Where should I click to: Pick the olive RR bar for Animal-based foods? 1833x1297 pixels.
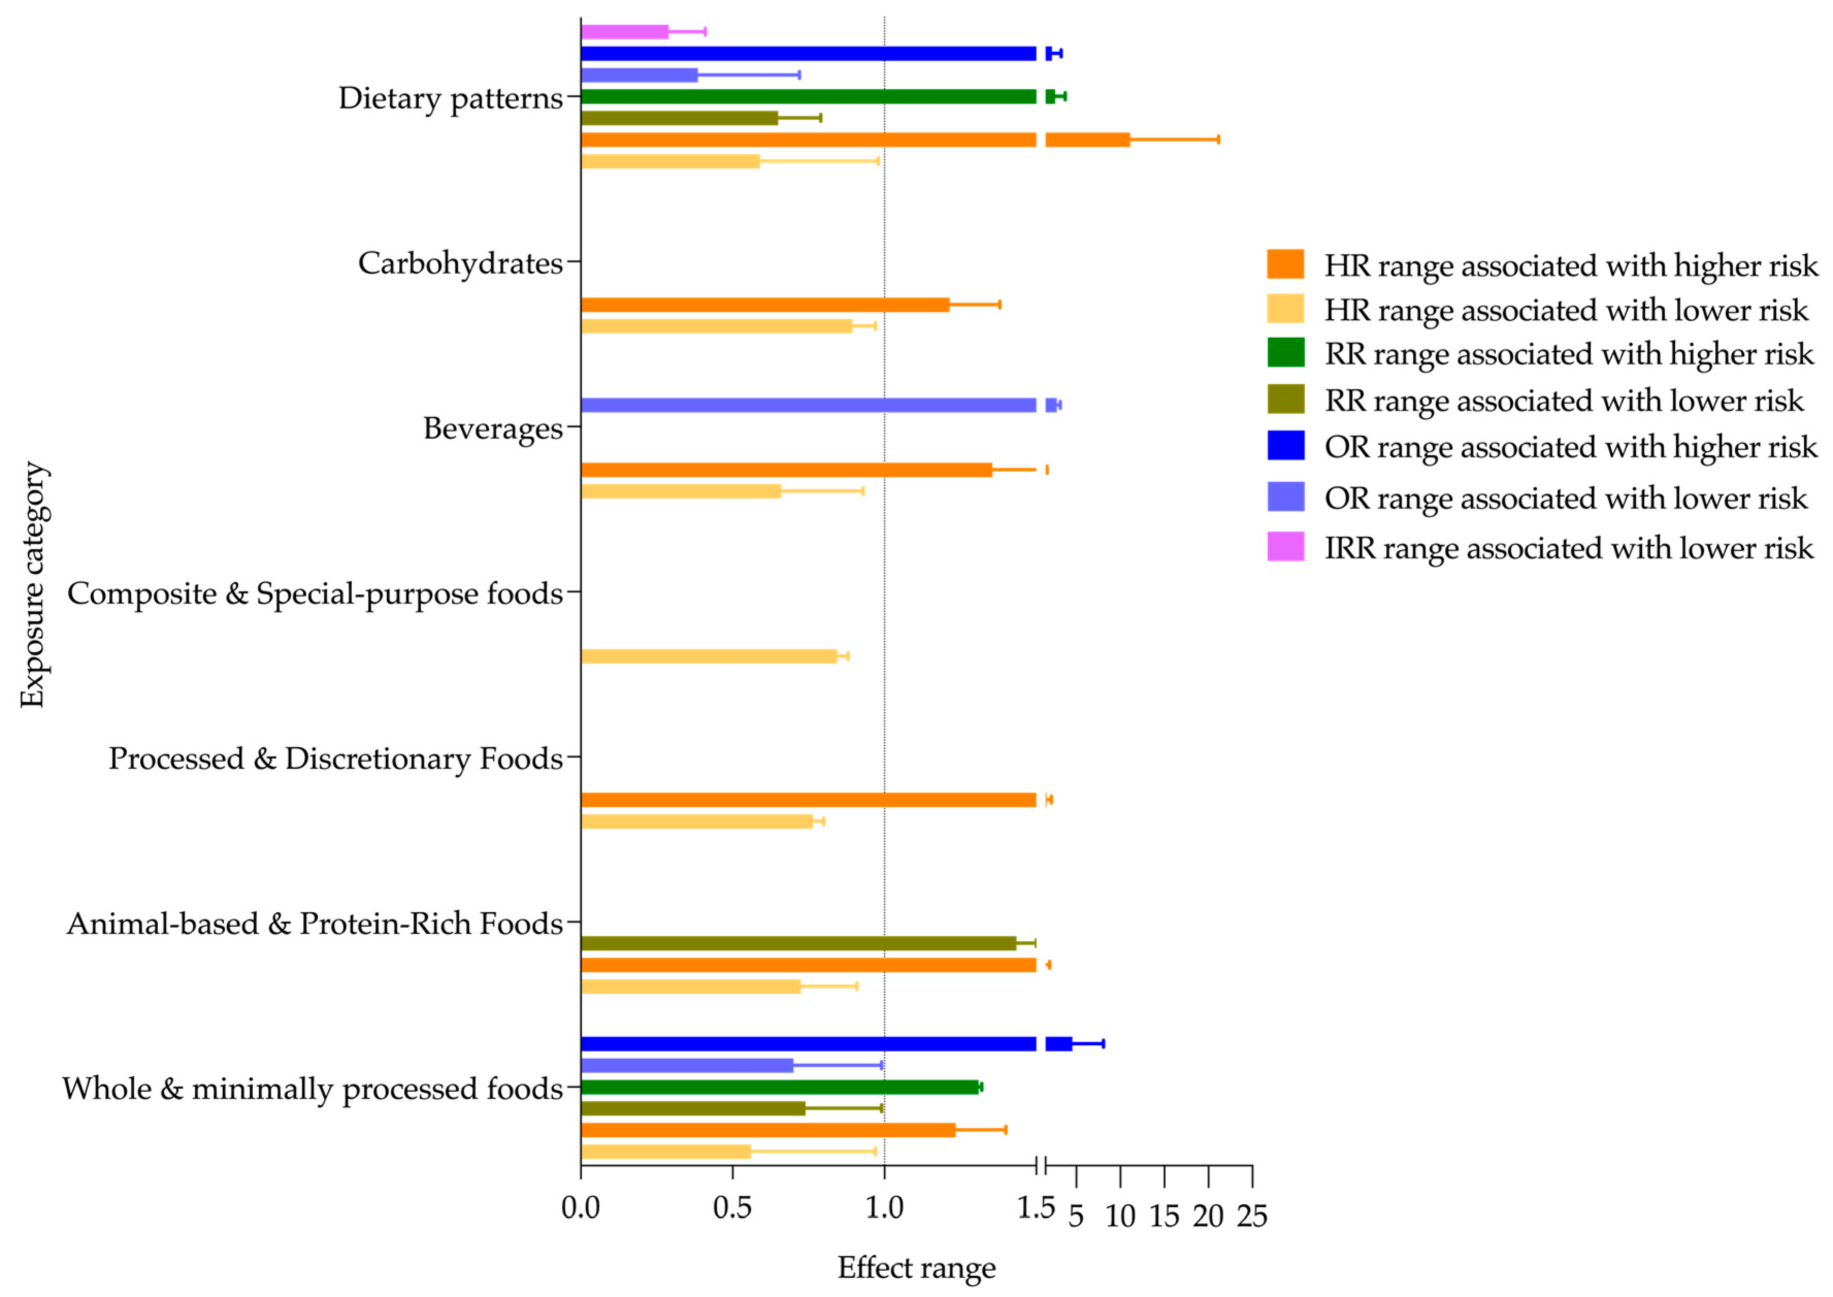click(x=798, y=943)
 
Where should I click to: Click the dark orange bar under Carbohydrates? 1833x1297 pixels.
click(x=764, y=304)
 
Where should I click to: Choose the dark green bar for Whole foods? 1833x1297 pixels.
click(x=779, y=1087)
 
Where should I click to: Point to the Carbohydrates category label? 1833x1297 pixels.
click(x=460, y=263)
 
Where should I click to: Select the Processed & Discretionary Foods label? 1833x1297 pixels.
click(x=335, y=758)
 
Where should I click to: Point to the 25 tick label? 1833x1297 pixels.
click(x=1252, y=1217)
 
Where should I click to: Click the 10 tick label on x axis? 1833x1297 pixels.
click(x=1119, y=1217)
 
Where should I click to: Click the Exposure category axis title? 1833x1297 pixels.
click(x=32, y=585)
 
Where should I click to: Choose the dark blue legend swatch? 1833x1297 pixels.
click(x=1285, y=446)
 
